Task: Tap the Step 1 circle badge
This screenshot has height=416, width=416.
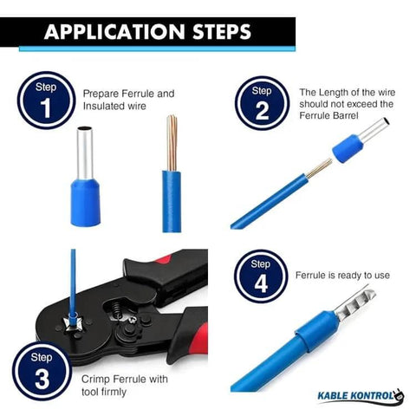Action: (x=46, y=100)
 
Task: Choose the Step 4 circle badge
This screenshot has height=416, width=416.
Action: (x=261, y=276)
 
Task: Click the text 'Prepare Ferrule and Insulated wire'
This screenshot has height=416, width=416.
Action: (x=128, y=99)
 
